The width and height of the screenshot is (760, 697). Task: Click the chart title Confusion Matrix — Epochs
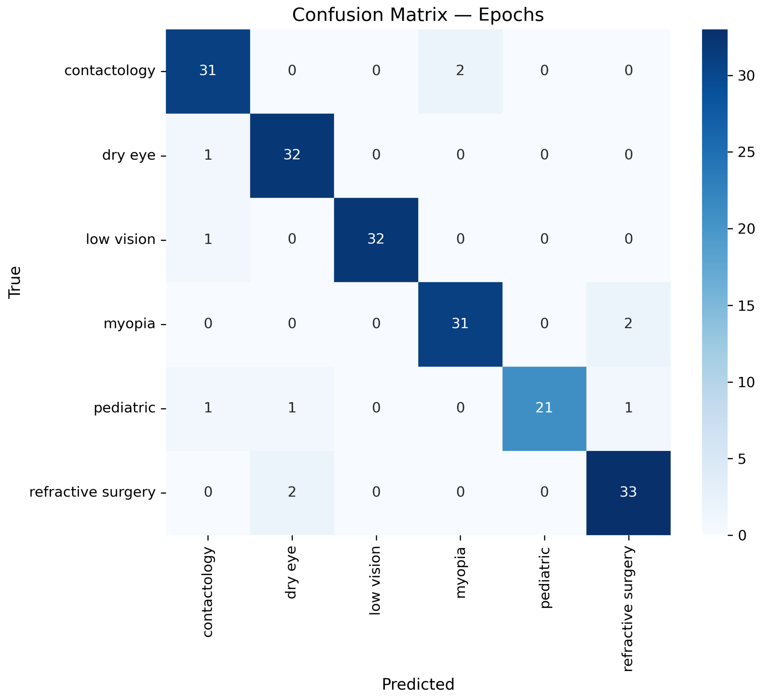(x=418, y=15)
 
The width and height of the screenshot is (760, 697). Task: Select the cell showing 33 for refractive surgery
(x=628, y=492)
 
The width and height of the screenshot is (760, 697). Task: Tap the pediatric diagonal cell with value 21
(x=544, y=408)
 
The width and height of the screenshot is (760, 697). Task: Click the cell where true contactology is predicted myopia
(x=460, y=71)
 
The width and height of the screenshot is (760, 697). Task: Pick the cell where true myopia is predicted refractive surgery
(x=628, y=324)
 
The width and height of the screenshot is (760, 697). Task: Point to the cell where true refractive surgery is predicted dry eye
(x=292, y=492)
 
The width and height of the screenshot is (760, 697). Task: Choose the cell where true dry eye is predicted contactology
(x=208, y=155)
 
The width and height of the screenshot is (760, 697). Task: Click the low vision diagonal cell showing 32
(x=376, y=239)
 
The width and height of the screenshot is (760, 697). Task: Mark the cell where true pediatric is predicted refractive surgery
(x=628, y=408)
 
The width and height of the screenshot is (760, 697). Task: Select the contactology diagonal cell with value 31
(x=208, y=71)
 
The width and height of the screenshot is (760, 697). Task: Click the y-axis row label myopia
(x=129, y=324)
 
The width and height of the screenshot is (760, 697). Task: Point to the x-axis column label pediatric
(x=544, y=577)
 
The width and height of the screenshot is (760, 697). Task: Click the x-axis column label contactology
(x=208, y=592)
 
